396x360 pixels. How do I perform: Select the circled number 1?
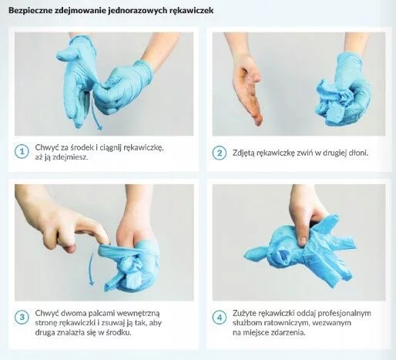tap(22, 152)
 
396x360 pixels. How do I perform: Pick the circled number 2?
tap(220, 153)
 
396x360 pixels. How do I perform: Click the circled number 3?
tap(22, 317)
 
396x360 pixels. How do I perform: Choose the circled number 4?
tap(220, 318)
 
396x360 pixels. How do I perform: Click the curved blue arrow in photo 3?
tap(90, 268)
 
